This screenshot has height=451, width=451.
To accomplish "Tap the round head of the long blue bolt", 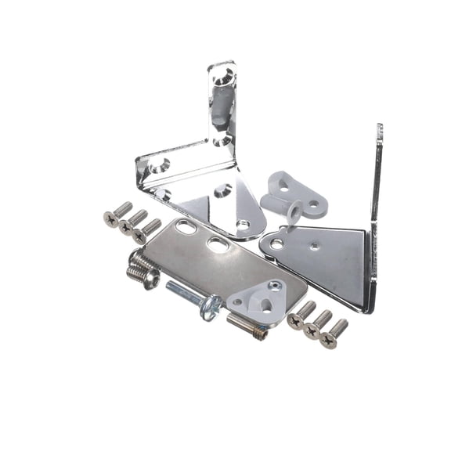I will pyautogui.click(x=210, y=307).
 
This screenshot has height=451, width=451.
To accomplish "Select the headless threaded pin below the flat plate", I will pyautogui.click(x=247, y=325).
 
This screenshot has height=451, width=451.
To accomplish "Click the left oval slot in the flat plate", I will pyautogui.click(x=186, y=228).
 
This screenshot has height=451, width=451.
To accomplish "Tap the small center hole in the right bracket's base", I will pyautogui.click(x=313, y=246).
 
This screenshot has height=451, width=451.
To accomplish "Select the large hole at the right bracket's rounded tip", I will pyautogui.click(x=276, y=244).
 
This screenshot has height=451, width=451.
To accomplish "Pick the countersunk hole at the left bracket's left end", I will pyautogui.click(x=159, y=165).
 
